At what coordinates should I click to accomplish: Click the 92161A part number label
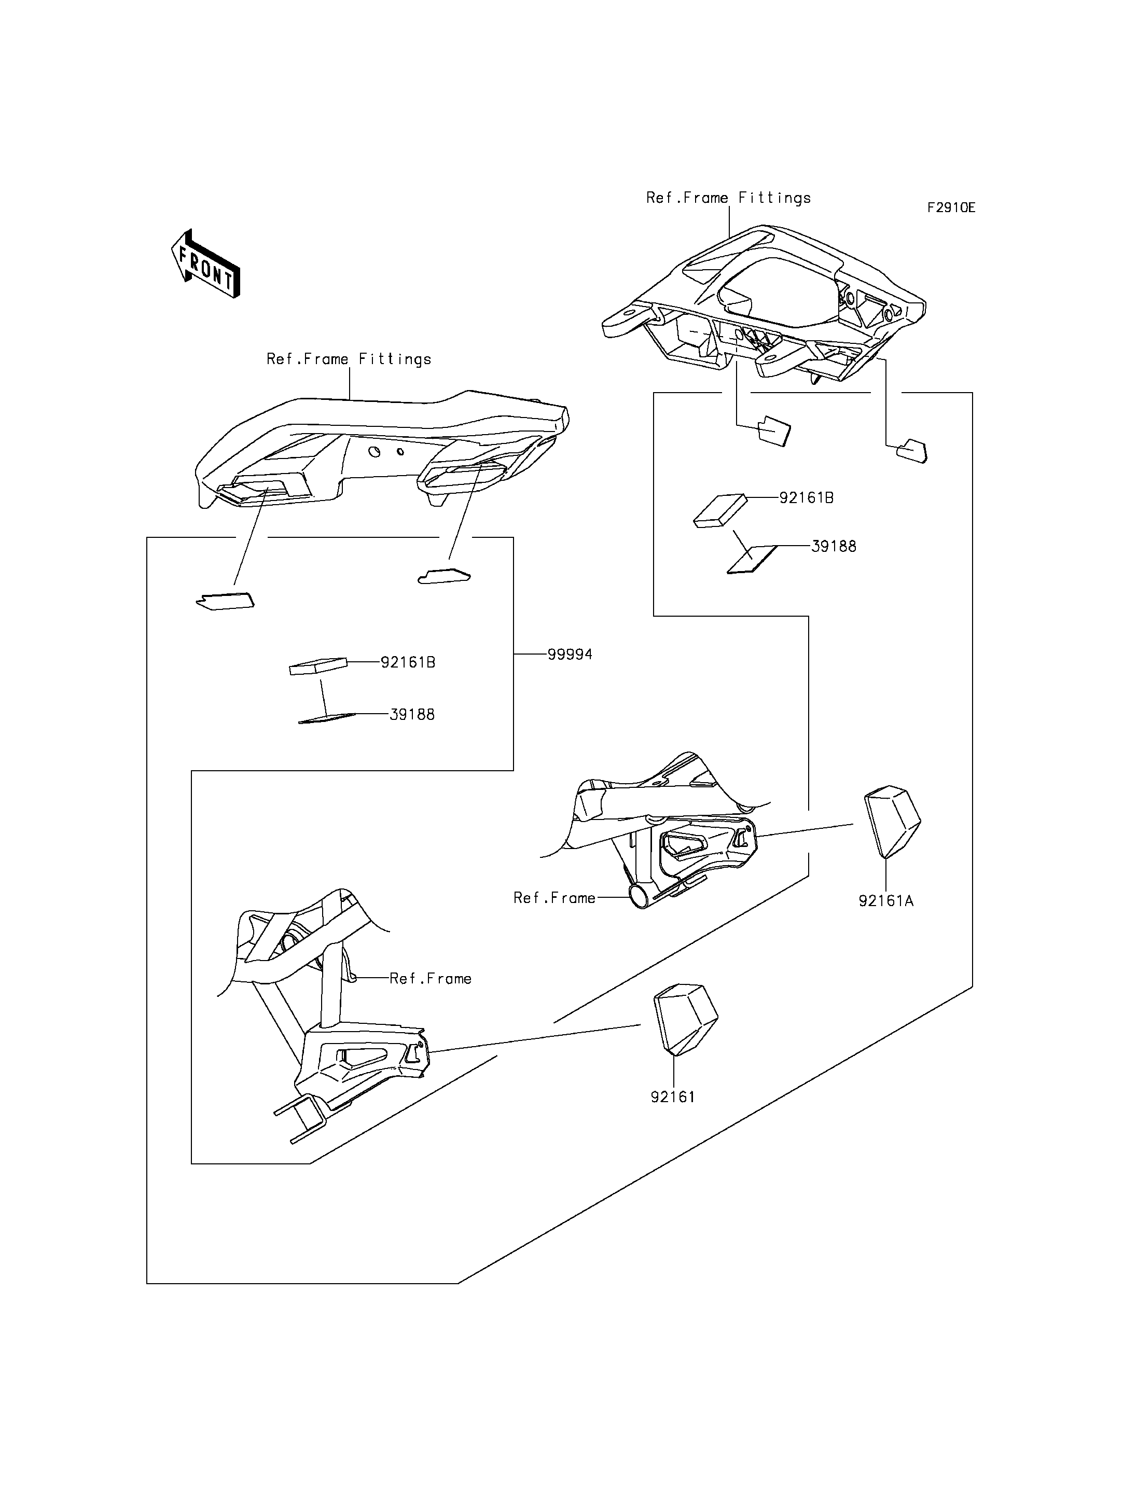coord(886,901)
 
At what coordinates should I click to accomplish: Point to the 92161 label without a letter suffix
coord(673,1097)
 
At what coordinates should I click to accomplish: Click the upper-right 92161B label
coord(806,498)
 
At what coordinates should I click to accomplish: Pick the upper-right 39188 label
coord(833,546)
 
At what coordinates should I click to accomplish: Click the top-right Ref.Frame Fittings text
coord(728,198)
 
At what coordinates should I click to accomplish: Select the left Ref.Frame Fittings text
coord(349,359)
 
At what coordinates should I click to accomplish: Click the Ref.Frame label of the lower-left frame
coord(431,979)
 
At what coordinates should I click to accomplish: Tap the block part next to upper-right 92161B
coord(720,510)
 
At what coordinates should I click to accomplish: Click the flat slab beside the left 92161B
coord(317,666)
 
